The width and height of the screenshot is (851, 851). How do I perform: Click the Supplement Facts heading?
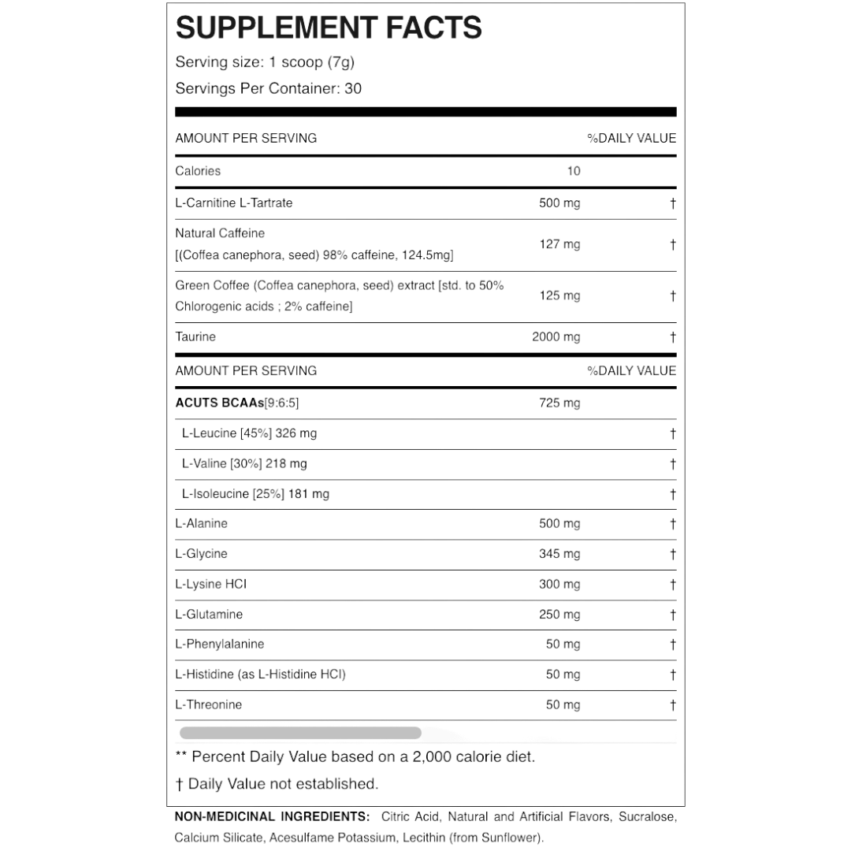(x=329, y=28)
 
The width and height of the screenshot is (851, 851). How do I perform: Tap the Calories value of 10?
(x=573, y=171)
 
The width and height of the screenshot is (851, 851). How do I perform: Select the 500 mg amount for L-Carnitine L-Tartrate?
(x=559, y=203)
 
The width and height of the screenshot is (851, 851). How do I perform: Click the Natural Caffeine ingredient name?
(x=220, y=233)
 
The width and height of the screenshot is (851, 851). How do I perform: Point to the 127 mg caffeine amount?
(x=559, y=244)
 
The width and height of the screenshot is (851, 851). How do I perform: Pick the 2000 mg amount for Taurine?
(x=556, y=337)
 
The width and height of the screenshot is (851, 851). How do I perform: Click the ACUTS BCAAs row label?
(x=237, y=403)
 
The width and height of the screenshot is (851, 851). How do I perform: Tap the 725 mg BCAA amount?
(x=559, y=403)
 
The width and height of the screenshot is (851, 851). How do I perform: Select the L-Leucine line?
(x=249, y=433)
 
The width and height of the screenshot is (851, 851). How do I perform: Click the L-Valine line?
(x=244, y=464)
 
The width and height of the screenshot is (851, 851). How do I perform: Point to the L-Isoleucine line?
(x=255, y=494)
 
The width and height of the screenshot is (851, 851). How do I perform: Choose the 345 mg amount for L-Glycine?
(x=559, y=554)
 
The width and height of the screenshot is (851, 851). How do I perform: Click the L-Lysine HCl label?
(x=211, y=584)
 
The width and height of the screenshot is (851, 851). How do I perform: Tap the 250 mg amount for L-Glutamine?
(x=559, y=615)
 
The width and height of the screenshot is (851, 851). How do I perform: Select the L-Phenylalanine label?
(x=220, y=644)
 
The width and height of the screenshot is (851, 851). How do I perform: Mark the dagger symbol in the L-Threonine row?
(x=672, y=705)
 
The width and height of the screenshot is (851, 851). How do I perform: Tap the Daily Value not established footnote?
(x=277, y=784)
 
